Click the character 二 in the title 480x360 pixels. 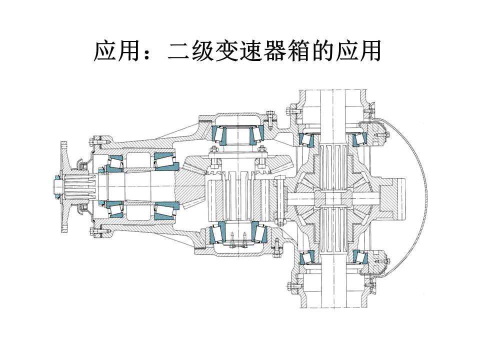(x=179, y=51)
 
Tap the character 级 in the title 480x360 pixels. (x=203, y=51)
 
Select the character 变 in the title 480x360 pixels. (x=226, y=51)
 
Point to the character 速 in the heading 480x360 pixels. (x=250, y=51)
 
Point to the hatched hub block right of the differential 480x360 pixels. (x=392, y=199)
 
